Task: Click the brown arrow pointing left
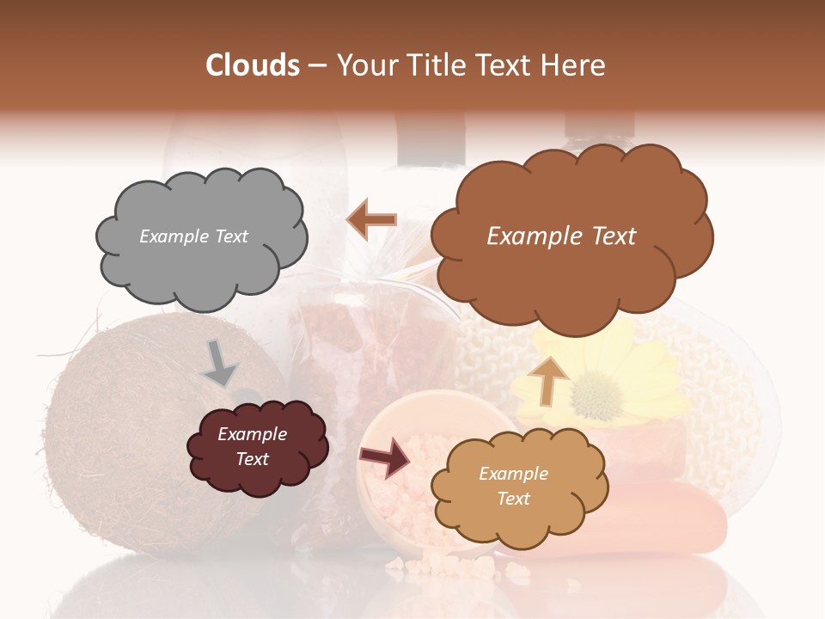tap(371, 220)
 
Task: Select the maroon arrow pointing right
tap(383, 458)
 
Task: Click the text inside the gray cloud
tap(193, 236)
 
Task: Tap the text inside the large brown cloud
tap(561, 236)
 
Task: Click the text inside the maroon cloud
tap(252, 446)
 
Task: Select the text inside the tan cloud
tap(513, 486)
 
